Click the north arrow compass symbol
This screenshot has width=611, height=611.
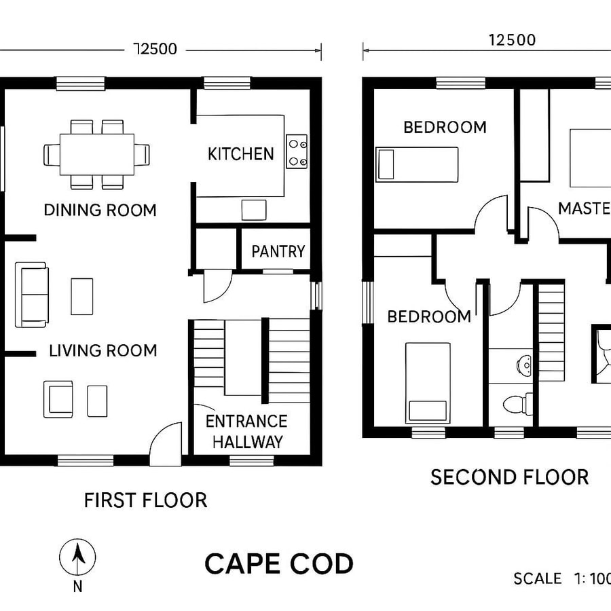pos(77,558)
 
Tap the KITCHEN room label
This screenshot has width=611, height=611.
pos(240,154)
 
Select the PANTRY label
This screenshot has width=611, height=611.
pos(278,252)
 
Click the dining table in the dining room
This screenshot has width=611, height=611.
pos(96,154)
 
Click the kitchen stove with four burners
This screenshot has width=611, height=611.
pos(297,151)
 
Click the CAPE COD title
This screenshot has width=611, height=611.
pos(279,564)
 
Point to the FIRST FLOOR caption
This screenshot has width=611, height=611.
pos(145,501)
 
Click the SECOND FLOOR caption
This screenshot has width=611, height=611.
pos(509,477)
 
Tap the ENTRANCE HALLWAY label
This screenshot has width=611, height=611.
pos(246,432)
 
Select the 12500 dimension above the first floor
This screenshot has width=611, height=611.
pos(156,50)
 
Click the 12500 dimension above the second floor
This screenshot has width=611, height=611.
pos(512,40)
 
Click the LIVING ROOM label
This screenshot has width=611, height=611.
pos(103,351)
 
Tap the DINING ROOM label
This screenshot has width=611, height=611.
pos(100,210)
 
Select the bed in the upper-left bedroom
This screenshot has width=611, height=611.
pos(417,164)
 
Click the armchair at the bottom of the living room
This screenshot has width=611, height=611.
pos(58,399)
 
